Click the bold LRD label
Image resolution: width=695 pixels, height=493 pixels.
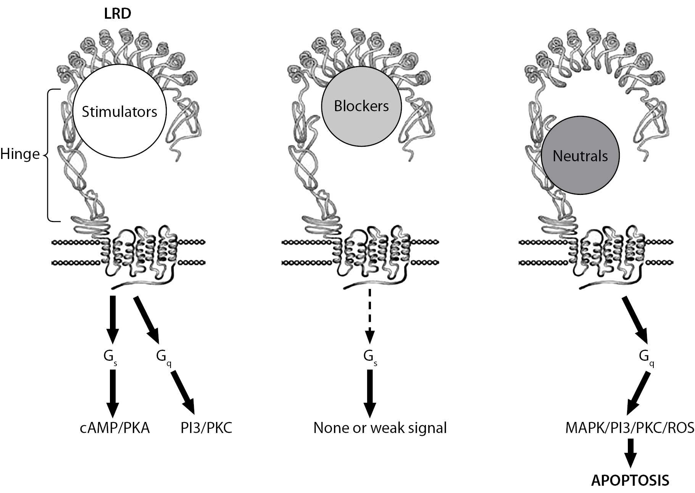click(x=118, y=14)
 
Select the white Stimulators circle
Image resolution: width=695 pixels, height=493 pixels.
click(x=119, y=112)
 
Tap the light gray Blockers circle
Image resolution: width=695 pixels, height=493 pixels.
click(x=361, y=106)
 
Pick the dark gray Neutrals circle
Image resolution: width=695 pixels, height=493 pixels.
click(x=580, y=156)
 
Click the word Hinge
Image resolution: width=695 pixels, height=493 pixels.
click(x=20, y=154)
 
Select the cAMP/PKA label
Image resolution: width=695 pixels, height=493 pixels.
click(x=114, y=428)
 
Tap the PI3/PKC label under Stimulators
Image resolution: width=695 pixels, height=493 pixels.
click(x=206, y=428)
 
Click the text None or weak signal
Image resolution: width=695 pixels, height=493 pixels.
click(x=380, y=428)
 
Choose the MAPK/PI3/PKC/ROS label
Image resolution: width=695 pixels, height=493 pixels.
click(x=629, y=428)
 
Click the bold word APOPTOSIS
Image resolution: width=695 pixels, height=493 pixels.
click(x=630, y=480)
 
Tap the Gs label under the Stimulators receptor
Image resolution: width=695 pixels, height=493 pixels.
click(x=110, y=357)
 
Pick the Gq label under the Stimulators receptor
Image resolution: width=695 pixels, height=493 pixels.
click(x=163, y=357)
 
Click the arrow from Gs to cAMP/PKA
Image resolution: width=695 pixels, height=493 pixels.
click(x=112, y=394)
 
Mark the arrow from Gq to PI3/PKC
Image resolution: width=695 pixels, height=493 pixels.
click(x=183, y=392)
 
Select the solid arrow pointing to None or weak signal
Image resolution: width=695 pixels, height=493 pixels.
click(x=369, y=394)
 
